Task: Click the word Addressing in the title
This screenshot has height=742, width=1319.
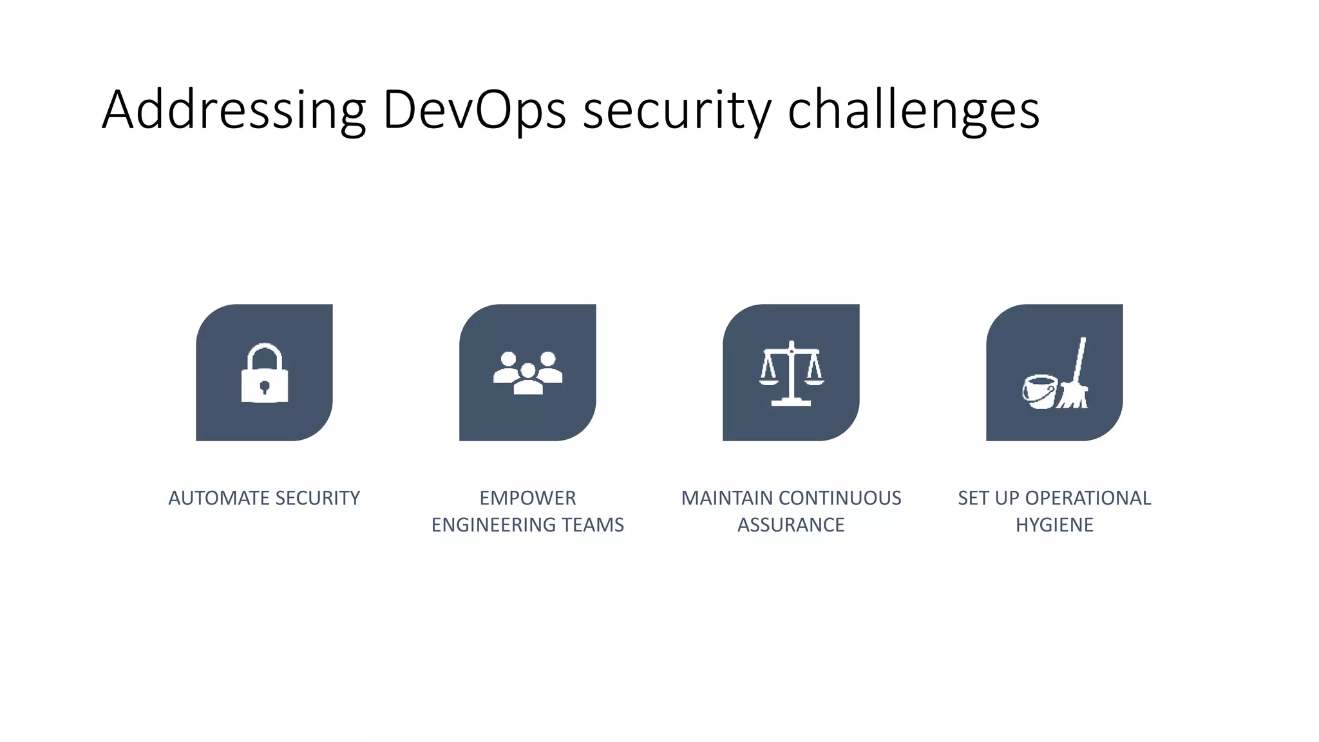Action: (234, 111)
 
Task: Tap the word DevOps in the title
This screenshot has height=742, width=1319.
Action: (474, 111)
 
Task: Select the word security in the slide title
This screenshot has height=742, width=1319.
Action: (676, 111)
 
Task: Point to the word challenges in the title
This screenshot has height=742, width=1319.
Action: (913, 111)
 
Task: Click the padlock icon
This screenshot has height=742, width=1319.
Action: (265, 374)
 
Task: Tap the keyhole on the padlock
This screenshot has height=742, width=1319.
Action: (265, 387)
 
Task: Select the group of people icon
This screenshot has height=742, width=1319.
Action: (527, 373)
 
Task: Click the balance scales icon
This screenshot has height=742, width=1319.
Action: (792, 374)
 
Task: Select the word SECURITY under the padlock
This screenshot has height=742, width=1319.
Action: (318, 498)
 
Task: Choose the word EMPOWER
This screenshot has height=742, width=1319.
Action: (527, 498)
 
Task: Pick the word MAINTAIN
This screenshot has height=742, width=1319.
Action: (727, 498)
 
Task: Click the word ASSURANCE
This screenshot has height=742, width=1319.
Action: (791, 525)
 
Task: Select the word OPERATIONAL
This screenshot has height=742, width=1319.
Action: (1088, 498)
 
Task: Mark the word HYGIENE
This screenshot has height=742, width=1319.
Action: (1054, 525)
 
